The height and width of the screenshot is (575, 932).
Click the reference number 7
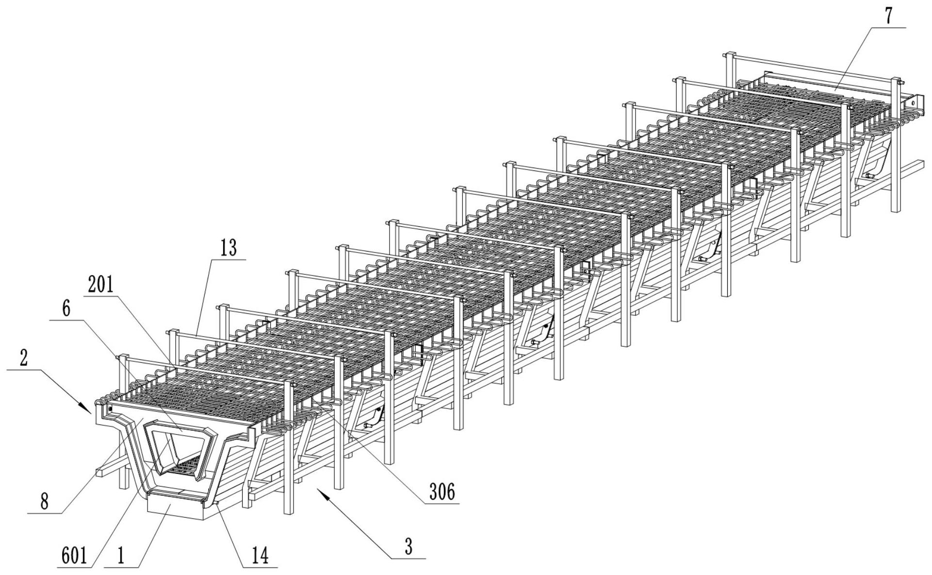(x=888, y=17)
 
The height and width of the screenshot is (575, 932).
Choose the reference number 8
(x=44, y=502)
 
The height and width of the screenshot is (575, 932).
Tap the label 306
(x=442, y=492)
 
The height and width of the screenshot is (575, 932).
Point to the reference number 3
(x=409, y=546)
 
